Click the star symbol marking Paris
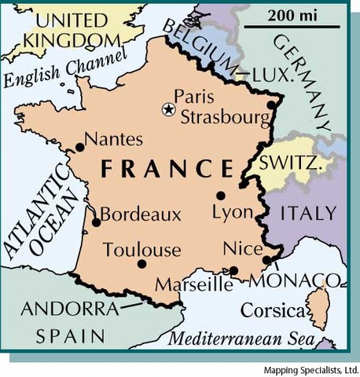click(167, 110)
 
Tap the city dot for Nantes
click(78, 147)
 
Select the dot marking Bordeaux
click(96, 222)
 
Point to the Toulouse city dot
click(141, 264)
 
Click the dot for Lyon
click(221, 196)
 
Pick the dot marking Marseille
click(233, 271)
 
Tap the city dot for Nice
click(267, 259)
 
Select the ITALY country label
click(309, 213)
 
